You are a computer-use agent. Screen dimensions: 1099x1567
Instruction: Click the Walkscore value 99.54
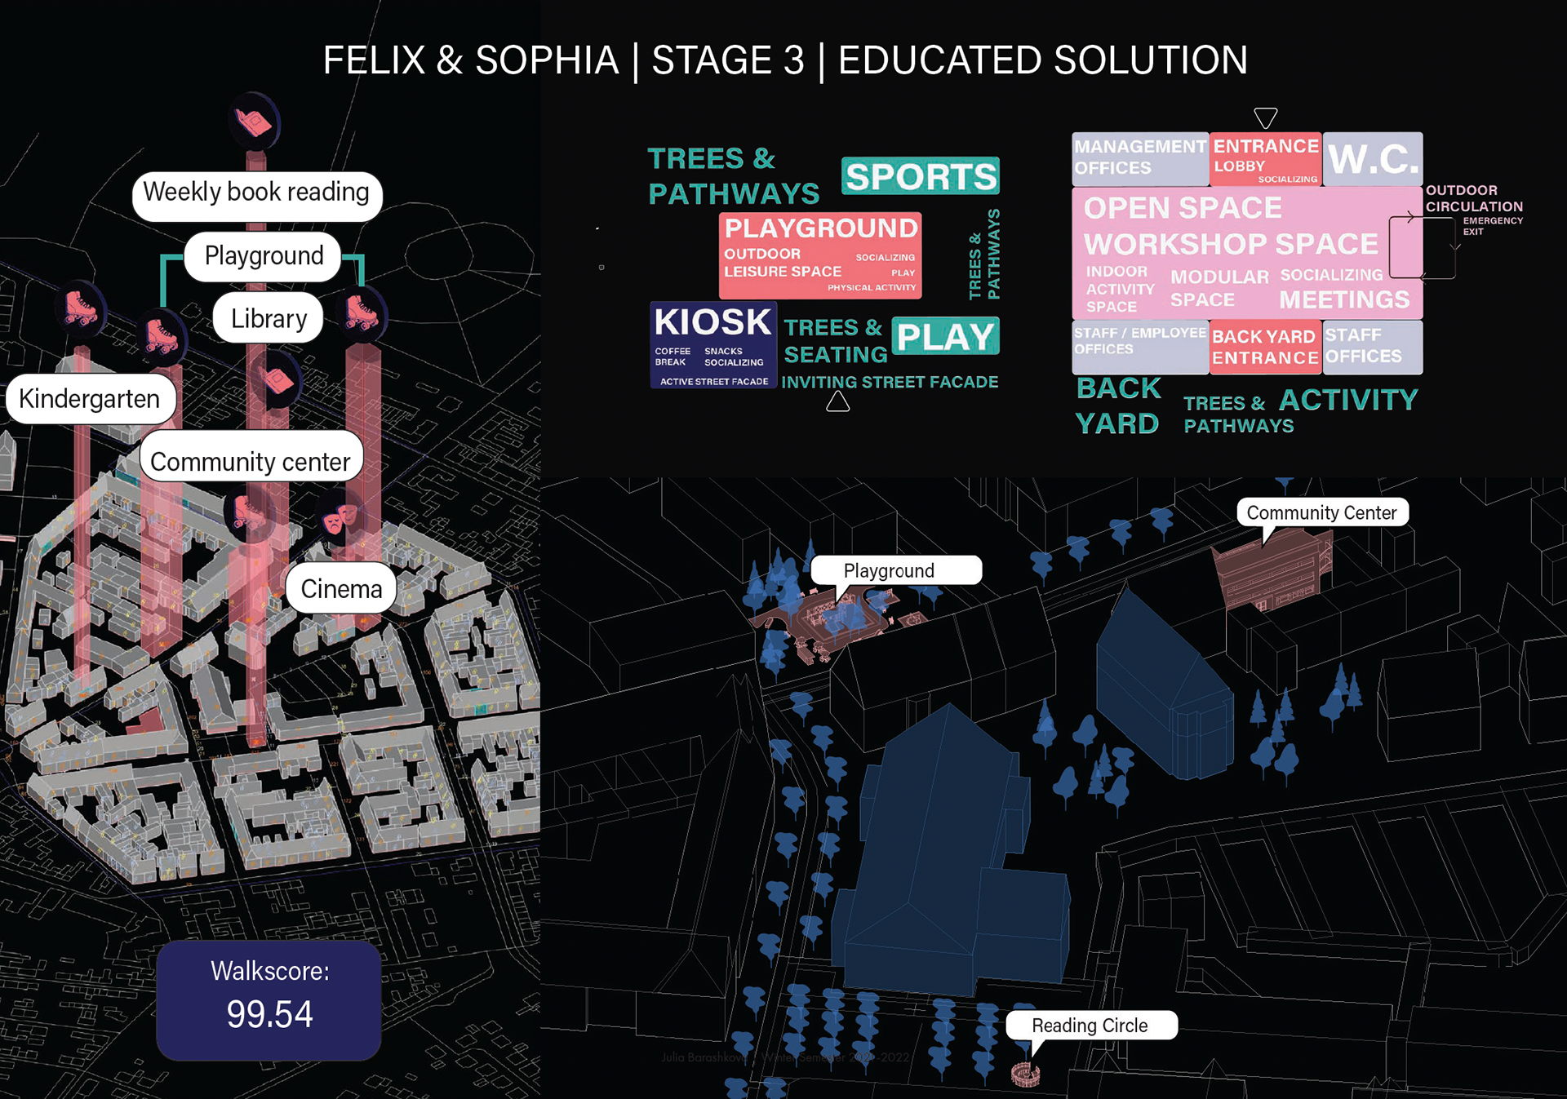click(x=269, y=1014)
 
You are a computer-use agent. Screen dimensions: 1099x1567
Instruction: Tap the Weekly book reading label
click(x=256, y=193)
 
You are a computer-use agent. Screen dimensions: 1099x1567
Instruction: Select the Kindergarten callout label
click(x=90, y=399)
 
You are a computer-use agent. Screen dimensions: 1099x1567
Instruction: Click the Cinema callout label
click(x=341, y=588)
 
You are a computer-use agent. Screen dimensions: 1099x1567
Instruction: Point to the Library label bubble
click(x=269, y=318)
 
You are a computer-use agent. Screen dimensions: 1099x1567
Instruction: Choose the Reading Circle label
click(x=1090, y=1026)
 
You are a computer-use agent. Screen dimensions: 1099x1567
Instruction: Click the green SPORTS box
click(x=921, y=176)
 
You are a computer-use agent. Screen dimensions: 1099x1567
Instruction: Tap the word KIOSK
click(x=712, y=322)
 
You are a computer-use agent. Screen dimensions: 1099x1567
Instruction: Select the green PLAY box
click(x=945, y=336)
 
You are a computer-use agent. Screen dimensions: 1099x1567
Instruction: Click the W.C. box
click(x=1373, y=158)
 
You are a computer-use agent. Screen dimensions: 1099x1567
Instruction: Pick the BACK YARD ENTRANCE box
click(x=1264, y=347)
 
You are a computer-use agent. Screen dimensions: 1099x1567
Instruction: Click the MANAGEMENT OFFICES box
click(x=1139, y=157)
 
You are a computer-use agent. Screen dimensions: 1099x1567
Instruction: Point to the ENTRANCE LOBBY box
click(x=1265, y=157)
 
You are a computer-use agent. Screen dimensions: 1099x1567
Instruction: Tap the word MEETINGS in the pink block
click(x=1343, y=299)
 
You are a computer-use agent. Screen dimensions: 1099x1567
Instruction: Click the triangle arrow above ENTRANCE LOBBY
click(x=1265, y=117)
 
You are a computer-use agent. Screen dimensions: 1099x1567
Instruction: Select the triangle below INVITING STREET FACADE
click(x=838, y=401)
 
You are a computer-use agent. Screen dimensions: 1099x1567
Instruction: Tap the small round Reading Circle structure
click(x=1026, y=1075)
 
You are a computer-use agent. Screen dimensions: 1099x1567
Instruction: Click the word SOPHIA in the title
click(x=547, y=60)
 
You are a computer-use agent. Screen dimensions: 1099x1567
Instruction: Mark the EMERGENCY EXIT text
click(x=1492, y=226)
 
